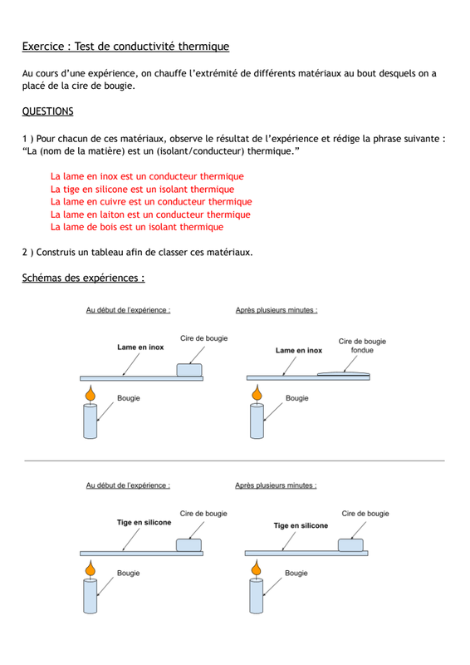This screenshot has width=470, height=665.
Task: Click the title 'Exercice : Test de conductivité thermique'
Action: tap(125, 47)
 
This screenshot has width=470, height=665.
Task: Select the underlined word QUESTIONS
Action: tap(47, 111)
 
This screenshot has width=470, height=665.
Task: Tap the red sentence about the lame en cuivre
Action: tap(151, 201)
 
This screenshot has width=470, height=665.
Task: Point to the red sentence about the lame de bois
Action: tap(137, 227)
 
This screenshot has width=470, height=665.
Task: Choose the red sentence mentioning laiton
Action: tap(150, 214)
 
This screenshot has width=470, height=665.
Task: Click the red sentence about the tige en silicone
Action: tap(142, 190)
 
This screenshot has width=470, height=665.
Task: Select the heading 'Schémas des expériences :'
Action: tap(84, 278)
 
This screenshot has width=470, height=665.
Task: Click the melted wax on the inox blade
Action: tap(343, 373)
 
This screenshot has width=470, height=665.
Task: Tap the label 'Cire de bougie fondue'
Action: tap(362, 346)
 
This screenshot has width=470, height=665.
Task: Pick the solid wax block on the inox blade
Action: tap(189, 370)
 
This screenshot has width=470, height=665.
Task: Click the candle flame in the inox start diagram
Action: tap(91, 393)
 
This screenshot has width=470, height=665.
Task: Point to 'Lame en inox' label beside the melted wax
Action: tap(299, 350)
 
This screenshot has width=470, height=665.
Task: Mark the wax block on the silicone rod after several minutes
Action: tap(350, 545)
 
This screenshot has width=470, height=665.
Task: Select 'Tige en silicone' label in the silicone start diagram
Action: tap(144, 523)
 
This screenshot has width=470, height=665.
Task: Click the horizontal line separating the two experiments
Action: tap(234, 461)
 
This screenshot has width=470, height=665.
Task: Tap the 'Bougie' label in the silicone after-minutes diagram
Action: tap(296, 573)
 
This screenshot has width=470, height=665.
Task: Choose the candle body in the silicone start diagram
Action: tap(91, 596)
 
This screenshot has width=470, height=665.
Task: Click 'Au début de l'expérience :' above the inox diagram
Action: tap(128, 310)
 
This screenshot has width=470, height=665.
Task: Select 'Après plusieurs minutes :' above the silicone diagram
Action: tap(276, 485)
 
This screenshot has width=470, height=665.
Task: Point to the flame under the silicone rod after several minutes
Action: tap(256, 568)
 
